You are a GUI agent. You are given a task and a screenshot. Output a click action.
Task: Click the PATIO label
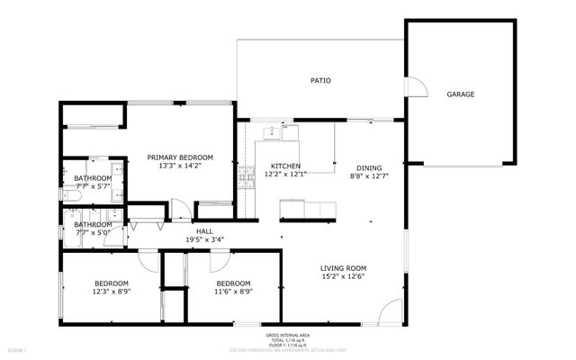click(320, 81)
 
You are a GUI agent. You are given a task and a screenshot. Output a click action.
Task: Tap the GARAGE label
click(461, 94)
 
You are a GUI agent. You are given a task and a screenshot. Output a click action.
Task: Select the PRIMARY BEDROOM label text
click(180, 157)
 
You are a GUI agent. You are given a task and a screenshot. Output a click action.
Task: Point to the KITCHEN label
click(285, 166)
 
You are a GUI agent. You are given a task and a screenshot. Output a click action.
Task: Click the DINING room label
click(369, 167)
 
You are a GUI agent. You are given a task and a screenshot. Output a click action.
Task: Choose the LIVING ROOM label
click(344, 268)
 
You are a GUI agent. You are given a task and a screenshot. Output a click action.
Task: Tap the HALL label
click(204, 231)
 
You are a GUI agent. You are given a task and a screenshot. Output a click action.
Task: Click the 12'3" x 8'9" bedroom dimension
click(111, 291)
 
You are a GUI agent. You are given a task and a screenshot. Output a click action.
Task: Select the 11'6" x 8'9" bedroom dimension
click(233, 291)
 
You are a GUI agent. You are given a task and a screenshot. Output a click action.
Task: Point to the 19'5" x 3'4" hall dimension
click(204, 239)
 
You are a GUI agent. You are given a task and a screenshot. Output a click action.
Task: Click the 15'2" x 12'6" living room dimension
click(344, 276)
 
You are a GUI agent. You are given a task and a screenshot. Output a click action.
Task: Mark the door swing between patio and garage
click(416, 86)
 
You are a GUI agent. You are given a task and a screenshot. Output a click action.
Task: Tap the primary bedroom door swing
click(181, 211)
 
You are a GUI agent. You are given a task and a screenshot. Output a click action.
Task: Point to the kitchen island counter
click(306, 210)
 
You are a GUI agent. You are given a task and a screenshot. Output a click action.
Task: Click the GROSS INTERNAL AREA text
click(287, 332)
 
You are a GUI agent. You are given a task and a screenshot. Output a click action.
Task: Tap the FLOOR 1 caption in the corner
click(18, 348)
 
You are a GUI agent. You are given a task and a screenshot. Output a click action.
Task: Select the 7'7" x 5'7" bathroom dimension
click(93, 187)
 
